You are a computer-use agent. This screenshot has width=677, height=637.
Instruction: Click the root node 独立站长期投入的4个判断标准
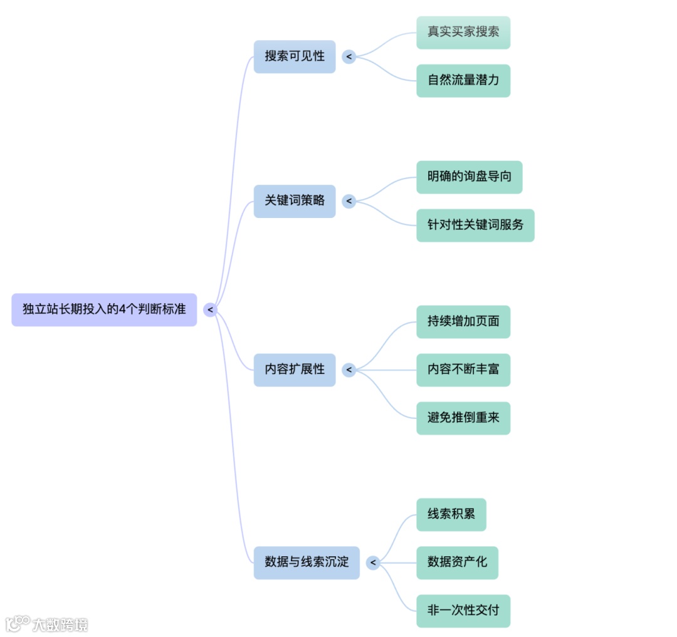point(104,309)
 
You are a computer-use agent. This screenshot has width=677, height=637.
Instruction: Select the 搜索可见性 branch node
point(295,56)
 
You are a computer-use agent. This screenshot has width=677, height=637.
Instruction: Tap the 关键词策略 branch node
point(295,201)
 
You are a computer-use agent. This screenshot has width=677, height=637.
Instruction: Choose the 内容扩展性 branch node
point(295,370)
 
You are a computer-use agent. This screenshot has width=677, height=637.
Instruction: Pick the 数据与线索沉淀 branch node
point(307,562)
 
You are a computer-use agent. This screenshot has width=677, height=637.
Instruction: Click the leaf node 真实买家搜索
point(463,32)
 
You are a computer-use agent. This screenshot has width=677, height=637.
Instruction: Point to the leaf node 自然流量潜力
point(463,80)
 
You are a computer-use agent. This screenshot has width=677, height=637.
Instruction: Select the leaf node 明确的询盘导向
point(469,177)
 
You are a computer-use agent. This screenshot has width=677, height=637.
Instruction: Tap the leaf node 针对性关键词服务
point(475,225)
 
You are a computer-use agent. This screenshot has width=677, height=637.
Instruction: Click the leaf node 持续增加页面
point(463,322)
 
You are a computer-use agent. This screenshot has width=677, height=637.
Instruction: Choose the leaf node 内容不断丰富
point(463,370)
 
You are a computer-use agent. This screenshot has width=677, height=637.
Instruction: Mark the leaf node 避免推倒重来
point(463,418)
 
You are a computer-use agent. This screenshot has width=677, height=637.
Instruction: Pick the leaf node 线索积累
point(451,514)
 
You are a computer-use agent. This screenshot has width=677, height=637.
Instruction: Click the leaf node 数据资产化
point(457,562)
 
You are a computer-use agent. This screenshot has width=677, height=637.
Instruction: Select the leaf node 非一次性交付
point(463,611)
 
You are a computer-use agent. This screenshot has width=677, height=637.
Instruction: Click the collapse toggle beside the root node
point(210,309)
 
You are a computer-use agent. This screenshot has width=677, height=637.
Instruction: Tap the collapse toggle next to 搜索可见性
point(349,57)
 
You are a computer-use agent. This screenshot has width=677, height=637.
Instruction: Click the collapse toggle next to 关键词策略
point(349,202)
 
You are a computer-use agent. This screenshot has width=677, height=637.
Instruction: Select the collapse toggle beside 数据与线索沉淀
point(374,563)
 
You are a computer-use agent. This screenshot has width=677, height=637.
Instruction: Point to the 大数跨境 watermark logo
point(46,624)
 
